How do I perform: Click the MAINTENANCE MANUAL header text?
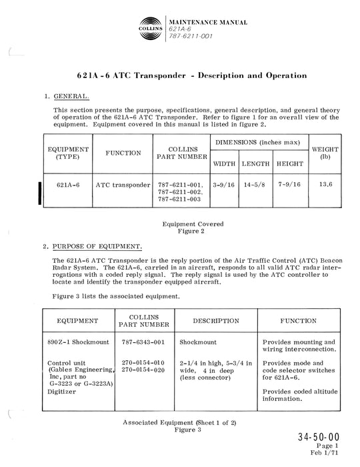pyautogui.click(x=207, y=23)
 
